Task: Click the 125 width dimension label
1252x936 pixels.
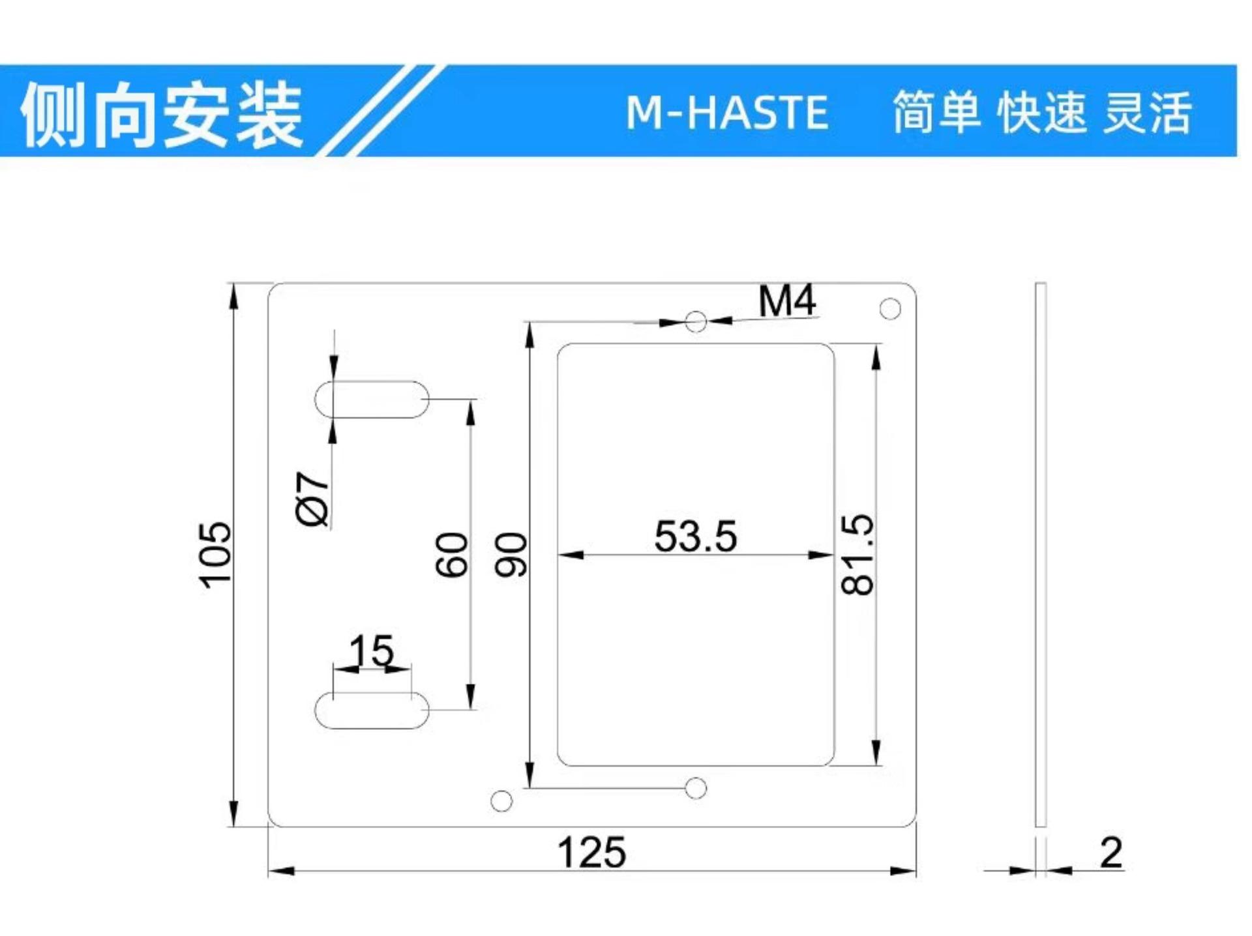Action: click(591, 853)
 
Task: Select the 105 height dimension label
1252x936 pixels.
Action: click(215, 555)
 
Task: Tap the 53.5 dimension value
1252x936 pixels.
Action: click(696, 536)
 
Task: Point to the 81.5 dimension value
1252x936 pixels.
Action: click(857, 555)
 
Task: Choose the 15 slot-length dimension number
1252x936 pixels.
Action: click(372, 651)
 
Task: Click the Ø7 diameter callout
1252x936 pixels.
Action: click(312, 499)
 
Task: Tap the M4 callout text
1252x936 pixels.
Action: click(787, 301)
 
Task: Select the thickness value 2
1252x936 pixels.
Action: click(1111, 853)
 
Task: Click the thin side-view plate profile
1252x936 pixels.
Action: click(1040, 555)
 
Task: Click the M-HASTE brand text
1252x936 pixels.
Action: click(727, 112)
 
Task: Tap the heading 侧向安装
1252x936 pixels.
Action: click(162, 115)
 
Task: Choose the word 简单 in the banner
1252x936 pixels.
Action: click(937, 112)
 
